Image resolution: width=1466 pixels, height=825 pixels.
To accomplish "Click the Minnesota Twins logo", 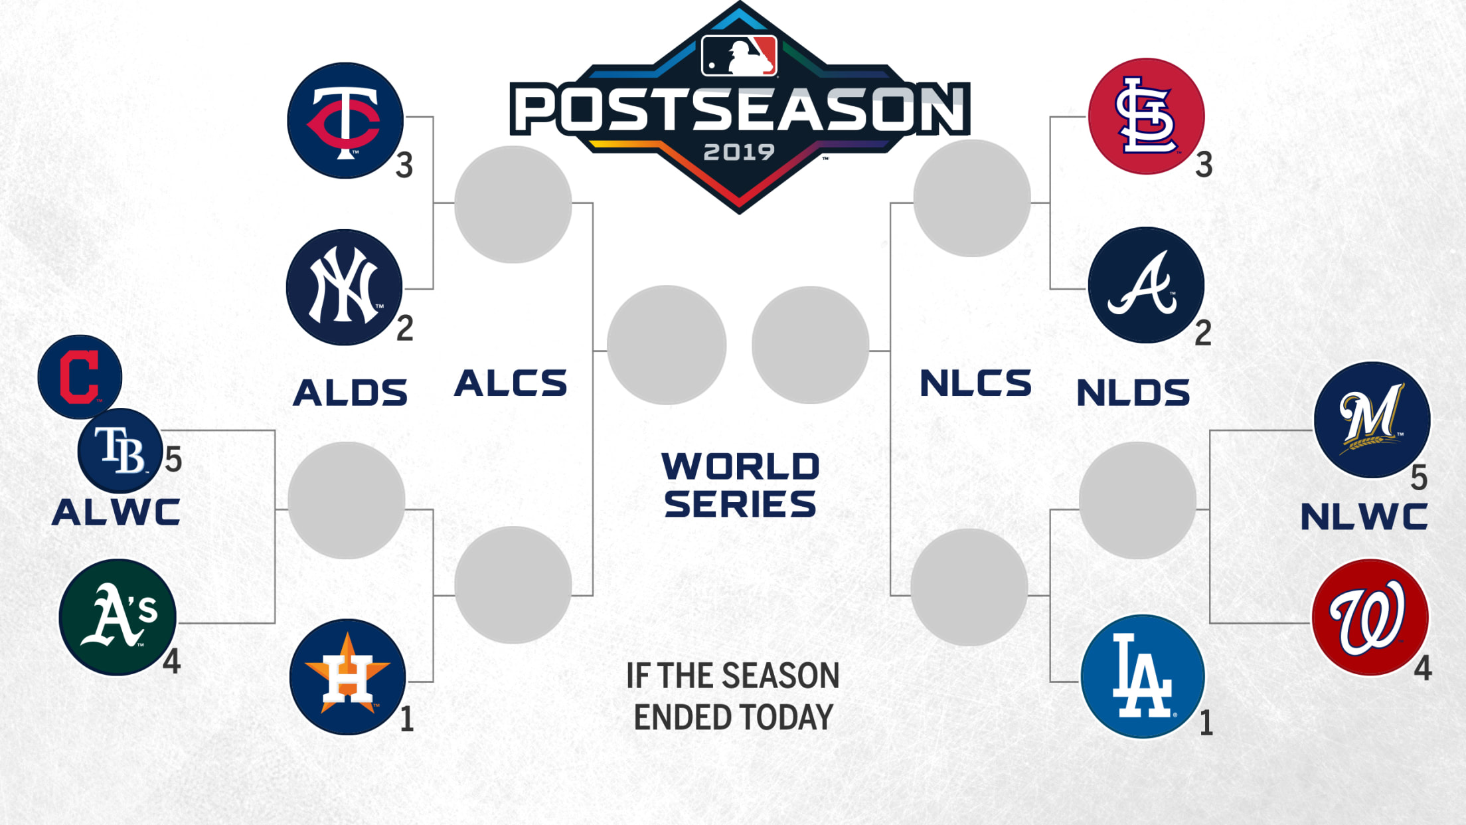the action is pyautogui.click(x=345, y=120).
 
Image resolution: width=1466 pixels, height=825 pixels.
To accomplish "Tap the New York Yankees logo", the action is pyautogui.click(x=345, y=287).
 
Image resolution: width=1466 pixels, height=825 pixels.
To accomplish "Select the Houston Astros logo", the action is pyautogui.click(x=348, y=677).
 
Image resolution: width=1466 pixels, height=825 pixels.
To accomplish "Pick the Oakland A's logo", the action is pyautogui.click(x=118, y=617).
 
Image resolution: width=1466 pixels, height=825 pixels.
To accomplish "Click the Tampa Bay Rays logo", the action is pyautogui.click(x=120, y=450).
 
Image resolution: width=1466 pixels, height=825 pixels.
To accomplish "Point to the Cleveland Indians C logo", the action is pyautogui.click(x=80, y=377).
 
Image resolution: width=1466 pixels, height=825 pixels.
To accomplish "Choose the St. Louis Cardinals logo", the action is pyautogui.click(x=1147, y=116).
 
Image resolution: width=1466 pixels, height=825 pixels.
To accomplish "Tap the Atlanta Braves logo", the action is pyautogui.click(x=1146, y=285).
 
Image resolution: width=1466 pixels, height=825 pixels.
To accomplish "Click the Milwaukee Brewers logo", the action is pyautogui.click(x=1372, y=420).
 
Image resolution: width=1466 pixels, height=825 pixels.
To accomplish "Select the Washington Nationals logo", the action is pyautogui.click(x=1370, y=617).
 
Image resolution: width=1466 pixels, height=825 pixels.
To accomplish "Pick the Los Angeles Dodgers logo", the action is pyautogui.click(x=1143, y=676).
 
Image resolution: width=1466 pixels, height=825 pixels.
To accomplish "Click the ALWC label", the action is pyautogui.click(x=116, y=512).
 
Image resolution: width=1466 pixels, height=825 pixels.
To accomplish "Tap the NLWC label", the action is pyautogui.click(x=1364, y=517).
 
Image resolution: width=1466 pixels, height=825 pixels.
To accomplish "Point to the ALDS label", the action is pyautogui.click(x=350, y=392).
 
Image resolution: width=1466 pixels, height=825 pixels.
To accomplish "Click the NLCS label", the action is pyautogui.click(x=975, y=383).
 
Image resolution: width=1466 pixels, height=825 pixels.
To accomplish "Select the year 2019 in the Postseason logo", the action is pyautogui.click(x=739, y=152).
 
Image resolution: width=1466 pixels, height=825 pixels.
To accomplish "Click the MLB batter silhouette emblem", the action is pyautogui.click(x=739, y=56).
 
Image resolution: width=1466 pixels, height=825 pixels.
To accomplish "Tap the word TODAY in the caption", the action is pyautogui.click(x=786, y=717).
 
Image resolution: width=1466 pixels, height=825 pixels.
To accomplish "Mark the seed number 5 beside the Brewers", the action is pyautogui.click(x=1419, y=478).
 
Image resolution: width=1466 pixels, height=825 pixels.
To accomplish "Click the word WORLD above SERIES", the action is pyautogui.click(x=740, y=466).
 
